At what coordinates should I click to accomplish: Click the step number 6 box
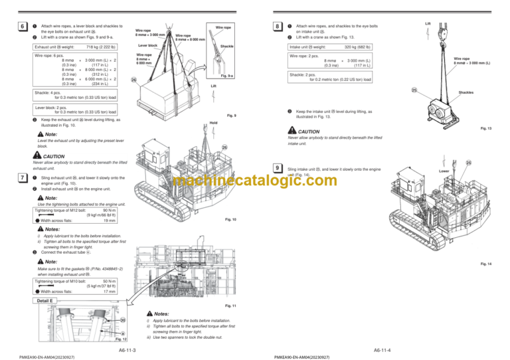(x=23, y=26)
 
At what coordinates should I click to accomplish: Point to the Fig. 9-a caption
(x=226, y=76)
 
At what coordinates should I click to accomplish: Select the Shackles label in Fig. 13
(x=466, y=93)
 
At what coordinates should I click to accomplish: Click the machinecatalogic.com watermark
(x=255, y=181)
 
